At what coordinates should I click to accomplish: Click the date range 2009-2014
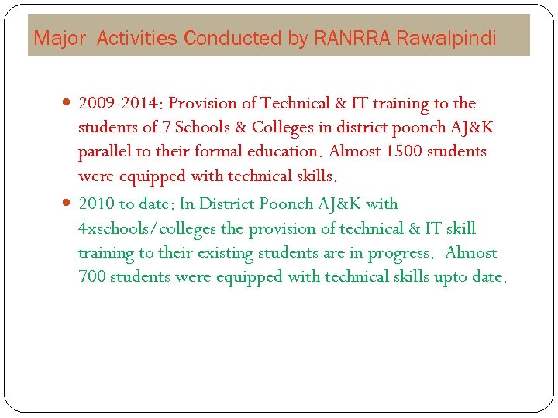[120, 103]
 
